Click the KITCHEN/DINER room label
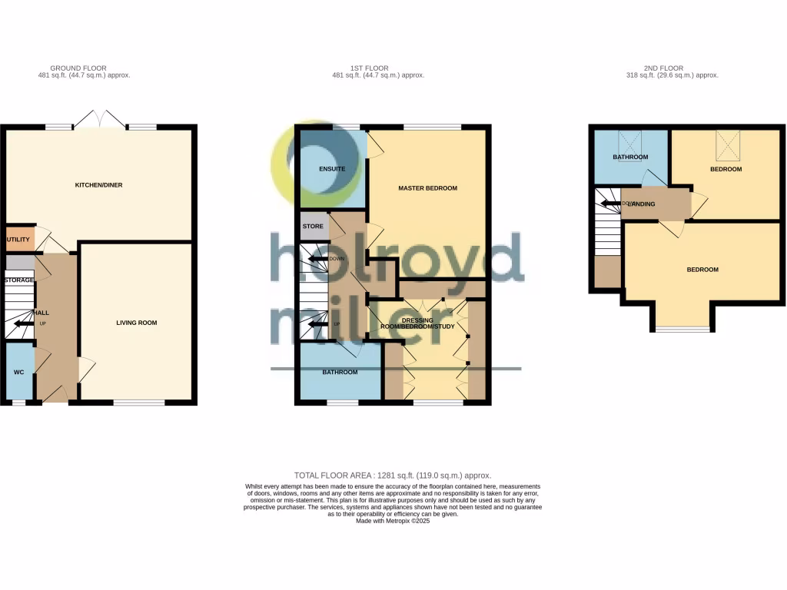98,185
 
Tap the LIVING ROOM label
136,323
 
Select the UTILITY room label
18,240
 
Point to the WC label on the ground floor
18,372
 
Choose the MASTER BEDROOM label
427,188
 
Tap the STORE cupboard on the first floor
314,227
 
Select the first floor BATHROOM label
340,373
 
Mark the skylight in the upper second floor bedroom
726,142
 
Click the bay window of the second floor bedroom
682,330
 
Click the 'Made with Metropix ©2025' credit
393,521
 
